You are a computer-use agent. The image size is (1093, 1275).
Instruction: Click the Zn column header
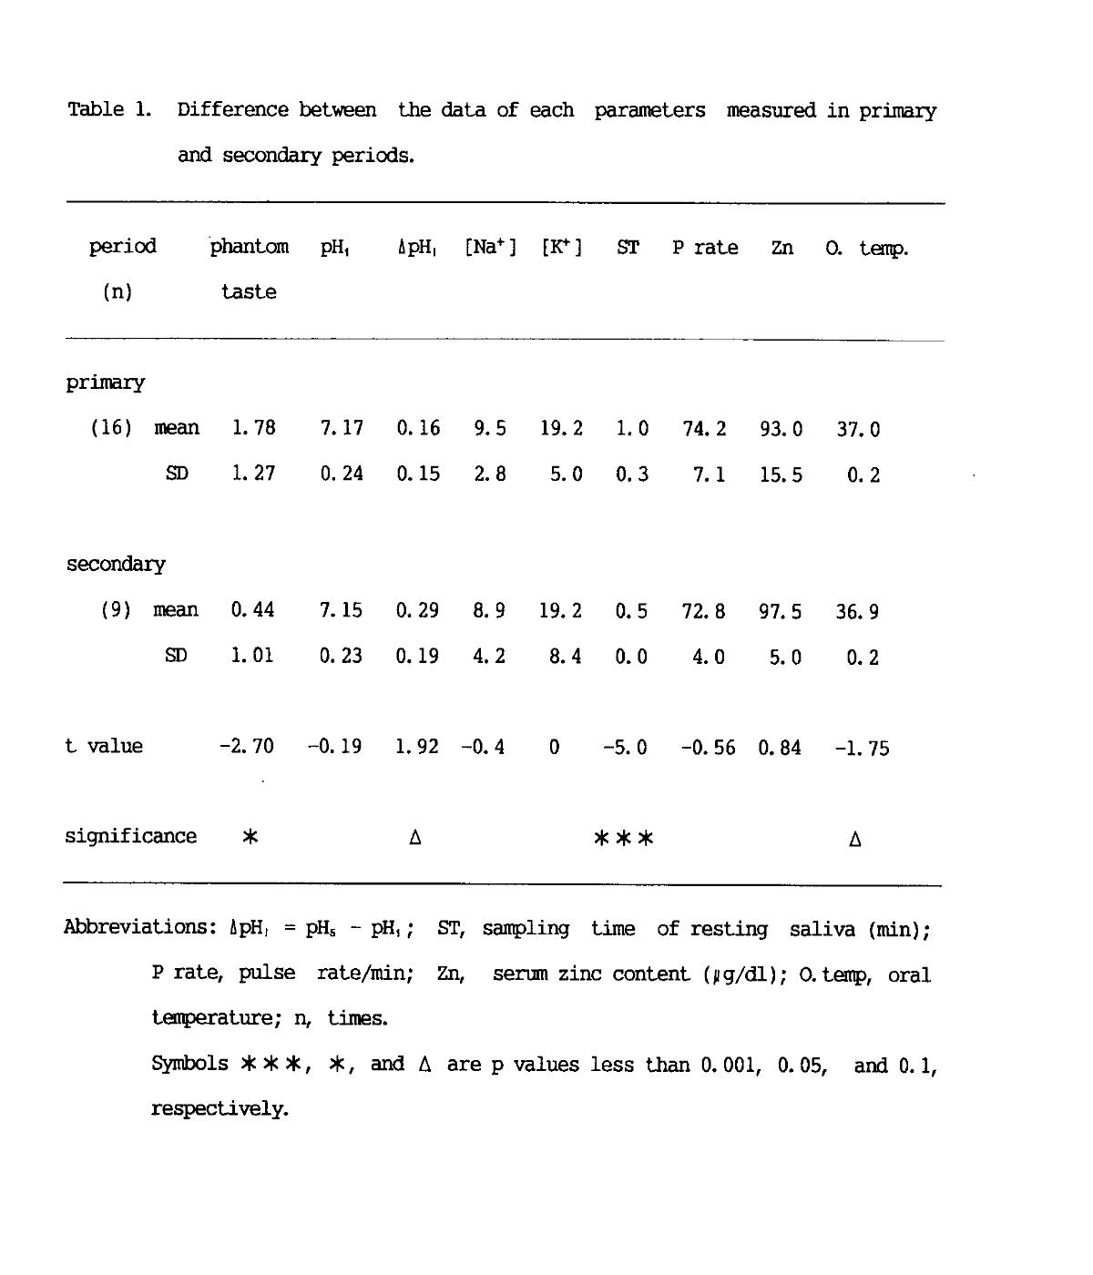pyautogui.click(x=782, y=248)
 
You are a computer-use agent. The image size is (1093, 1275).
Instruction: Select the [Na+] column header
pyautogui.click(x=490, y=248)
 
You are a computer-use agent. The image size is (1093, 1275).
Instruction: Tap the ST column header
pyautogui.click(x=628, y=248)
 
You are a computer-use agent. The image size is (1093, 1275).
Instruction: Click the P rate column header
pyautogui.click(x=705, y=248)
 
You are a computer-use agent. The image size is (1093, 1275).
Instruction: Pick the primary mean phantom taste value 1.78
pyautogui.click(x=253, y=428)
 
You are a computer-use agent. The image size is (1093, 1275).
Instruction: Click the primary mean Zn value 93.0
pyautogui.click(x=781, y=429)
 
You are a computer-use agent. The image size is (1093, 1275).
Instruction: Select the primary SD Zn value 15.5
pyautogui.click(x=781, y=474)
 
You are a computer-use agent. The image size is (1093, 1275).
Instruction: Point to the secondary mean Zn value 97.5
pyautogui.click(x=781, y=611)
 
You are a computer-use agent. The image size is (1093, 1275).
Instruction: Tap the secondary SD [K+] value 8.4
pyautogui.click(x=566, y=657)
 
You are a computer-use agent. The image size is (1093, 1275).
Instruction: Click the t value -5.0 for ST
pyautogui.click(x=625, y=748)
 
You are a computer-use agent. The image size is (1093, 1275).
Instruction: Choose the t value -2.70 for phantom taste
pyautogui.click(x=246, y=747)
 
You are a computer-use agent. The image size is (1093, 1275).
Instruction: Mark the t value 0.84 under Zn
pyautogui.click(x=780, y=748)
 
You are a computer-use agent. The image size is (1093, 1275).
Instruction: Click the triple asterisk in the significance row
pyautogui.click(x=624, y=838)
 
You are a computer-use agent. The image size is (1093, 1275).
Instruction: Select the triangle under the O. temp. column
pyautogui.click(x=855, y=839)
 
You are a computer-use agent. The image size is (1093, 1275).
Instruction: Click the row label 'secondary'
pyautogui.click(x=116, y=565)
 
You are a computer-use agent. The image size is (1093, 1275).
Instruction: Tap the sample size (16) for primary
pyautogui.click(x=111, y=428)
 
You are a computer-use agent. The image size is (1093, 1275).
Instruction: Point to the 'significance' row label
pyautogui.click(x=130, y=837)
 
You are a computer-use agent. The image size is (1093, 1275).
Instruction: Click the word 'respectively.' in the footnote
pyautogui.click(x=220, y=1109)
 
